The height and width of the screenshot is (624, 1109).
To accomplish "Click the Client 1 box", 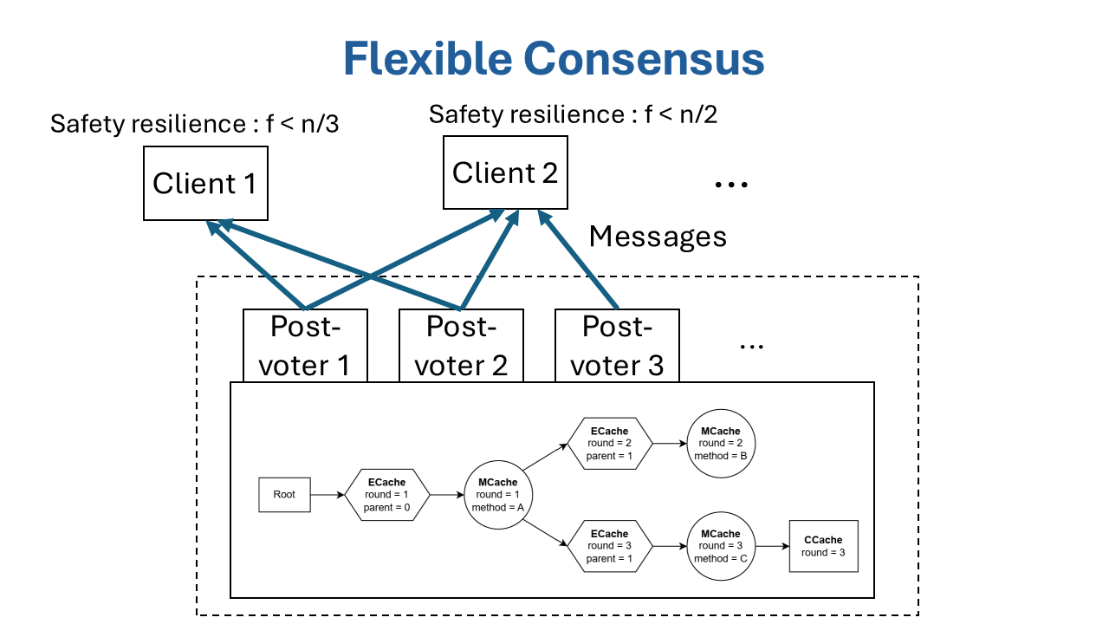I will click(x=205, y=183).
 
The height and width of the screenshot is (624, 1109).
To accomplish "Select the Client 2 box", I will click(x=505, y=172).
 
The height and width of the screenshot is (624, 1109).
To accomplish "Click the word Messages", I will click(x=658, y=236).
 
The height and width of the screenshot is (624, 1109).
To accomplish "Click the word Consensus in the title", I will click(x=643, y=59).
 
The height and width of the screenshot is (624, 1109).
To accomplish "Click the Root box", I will click(x=284, y=494).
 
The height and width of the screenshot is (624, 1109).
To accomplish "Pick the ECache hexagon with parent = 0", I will click(x=386, y=495).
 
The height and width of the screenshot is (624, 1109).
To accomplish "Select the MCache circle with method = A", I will click(x=497, y=495).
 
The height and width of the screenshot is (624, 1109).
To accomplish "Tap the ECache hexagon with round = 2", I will click(x=609, y=443).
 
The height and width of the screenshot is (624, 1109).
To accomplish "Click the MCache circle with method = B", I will click(x=720, y=443).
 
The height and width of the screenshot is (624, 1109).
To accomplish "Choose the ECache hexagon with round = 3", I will click(x=609, y=546).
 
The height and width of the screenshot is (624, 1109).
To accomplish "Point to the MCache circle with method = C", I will click(x=720, y=546).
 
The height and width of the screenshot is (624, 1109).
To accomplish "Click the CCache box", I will click(x=823, y=546).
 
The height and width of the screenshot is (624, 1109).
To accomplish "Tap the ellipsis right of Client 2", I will click(x=731, y=184).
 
